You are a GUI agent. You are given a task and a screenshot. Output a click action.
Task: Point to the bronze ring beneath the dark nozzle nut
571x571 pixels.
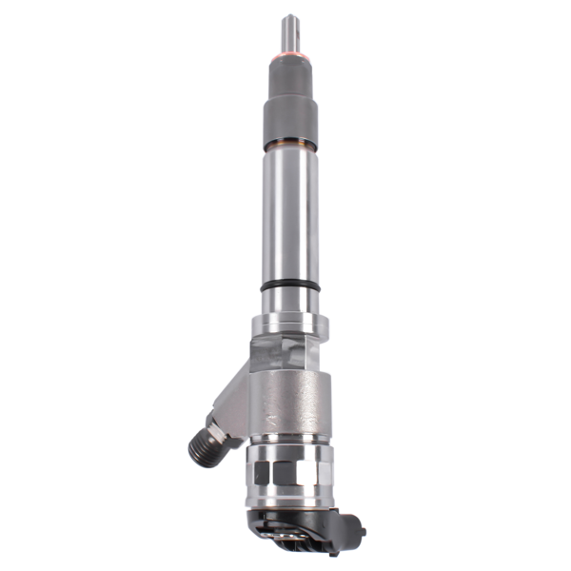(x=289, y=144)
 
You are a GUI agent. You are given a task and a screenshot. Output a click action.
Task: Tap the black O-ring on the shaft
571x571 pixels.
(x=289, y=285)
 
